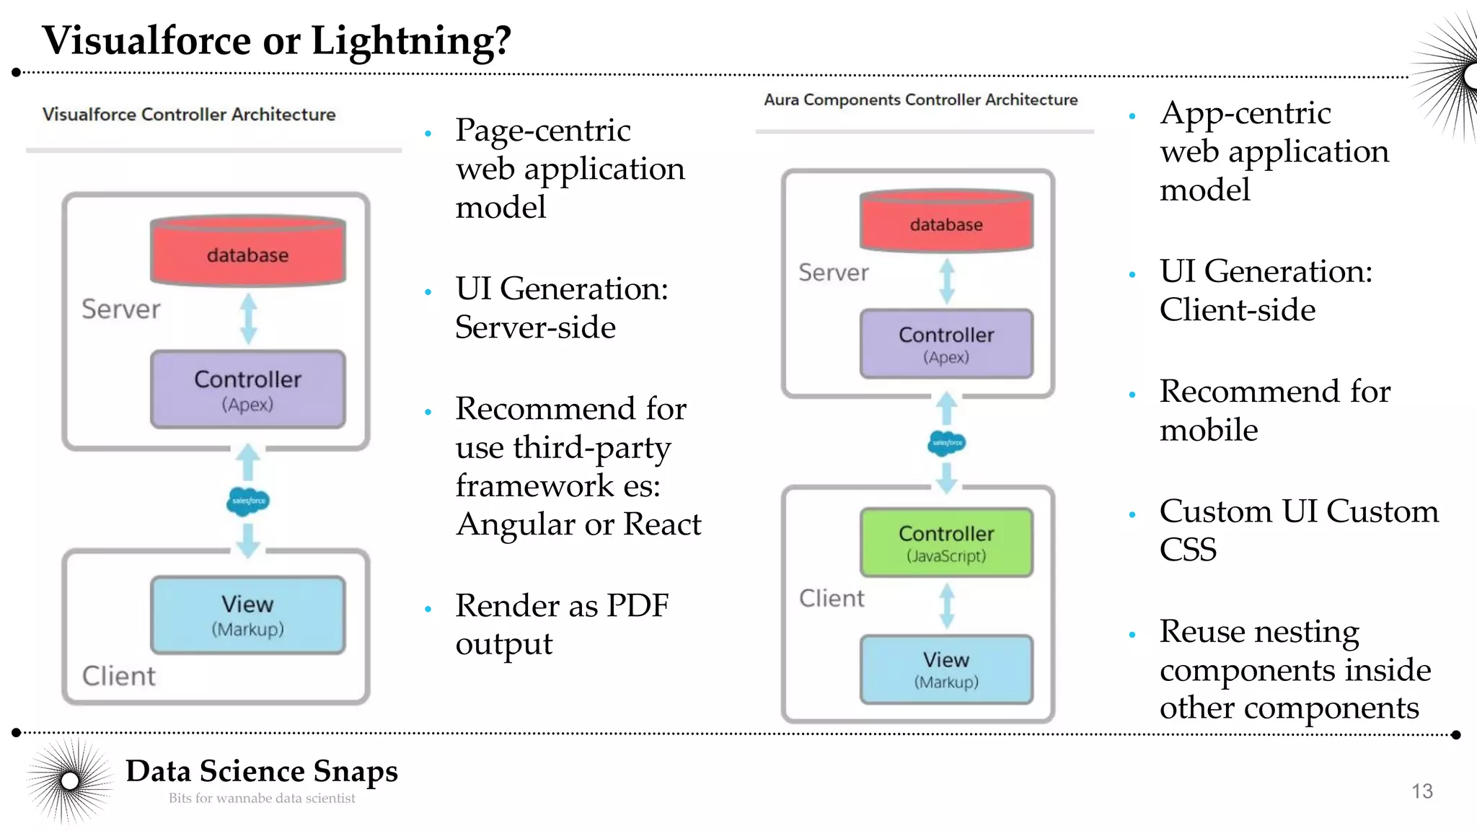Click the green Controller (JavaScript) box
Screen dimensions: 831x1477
point(946,542)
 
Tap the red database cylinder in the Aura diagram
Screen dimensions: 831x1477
point(946,221)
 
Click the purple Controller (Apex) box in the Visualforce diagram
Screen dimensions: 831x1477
point(247,390)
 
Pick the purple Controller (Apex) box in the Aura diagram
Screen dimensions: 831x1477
point(946,344)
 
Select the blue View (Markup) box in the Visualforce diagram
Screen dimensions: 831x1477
point(247,615)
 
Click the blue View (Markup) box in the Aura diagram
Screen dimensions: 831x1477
point(946,669)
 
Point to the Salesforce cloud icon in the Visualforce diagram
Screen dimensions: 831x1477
point(247,501)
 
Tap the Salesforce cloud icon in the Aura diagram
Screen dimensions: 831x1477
point(946,443)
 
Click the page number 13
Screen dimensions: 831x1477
point(1421,791)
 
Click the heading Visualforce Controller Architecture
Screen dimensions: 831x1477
point(189,115)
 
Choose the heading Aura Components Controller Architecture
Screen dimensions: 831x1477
point(920,100)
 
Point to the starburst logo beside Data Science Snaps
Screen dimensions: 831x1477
point(70,781)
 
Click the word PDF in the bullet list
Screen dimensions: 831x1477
point(637,605)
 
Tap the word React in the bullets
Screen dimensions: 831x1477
point(661,524)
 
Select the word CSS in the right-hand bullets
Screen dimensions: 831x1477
point(1188,550)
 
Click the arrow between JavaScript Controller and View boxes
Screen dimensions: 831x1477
point(946,606)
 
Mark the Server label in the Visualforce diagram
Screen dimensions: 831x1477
point(120,309)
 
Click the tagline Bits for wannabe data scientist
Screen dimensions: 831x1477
point(262,799)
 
